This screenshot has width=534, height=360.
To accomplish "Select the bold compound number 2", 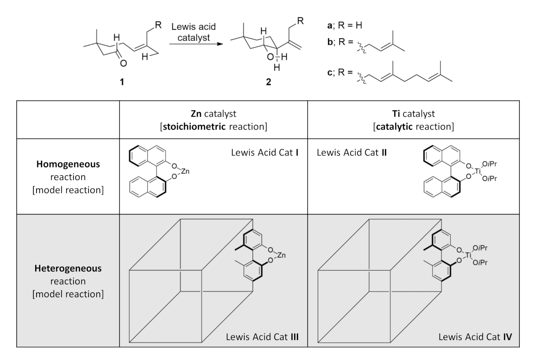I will (268, 82).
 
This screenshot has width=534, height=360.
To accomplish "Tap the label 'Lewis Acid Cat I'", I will (266, 153).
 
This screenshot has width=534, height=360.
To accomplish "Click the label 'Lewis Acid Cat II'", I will (352, 153).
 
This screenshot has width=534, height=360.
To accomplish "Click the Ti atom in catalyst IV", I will (477, 255).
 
